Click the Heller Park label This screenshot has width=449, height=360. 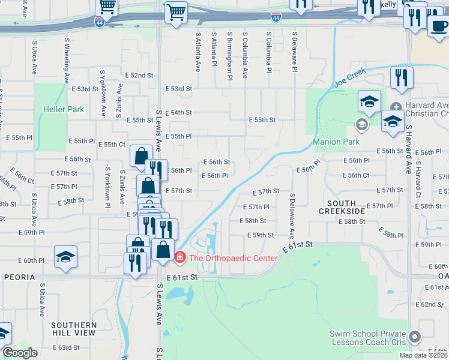pos(64,110)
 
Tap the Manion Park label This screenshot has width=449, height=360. pos(336,142)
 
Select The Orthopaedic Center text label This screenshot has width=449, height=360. pos(234,258)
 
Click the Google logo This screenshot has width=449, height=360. pos(20,353)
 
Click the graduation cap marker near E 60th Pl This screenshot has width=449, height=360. pos(65,257)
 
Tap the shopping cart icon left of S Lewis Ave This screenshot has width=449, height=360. pos(107,7)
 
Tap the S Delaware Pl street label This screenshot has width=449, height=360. pos(295,53)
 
